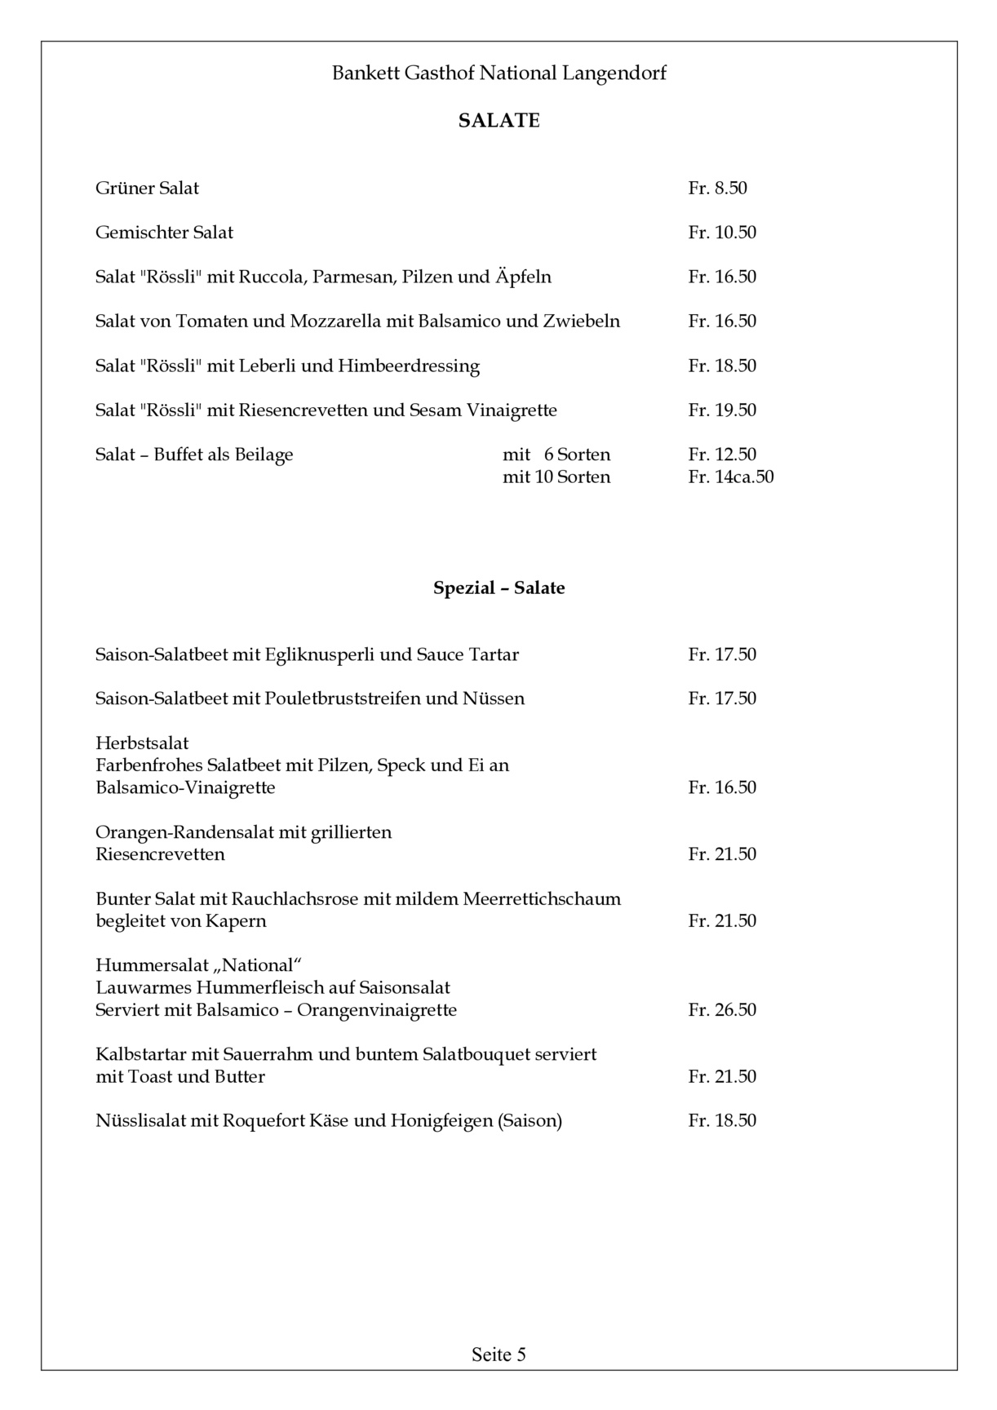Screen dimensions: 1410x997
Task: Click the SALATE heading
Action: click(x=498, y=121)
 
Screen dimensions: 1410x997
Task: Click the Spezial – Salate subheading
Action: click(x=498, y=588)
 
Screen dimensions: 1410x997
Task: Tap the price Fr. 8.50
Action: click(x=717, y=188)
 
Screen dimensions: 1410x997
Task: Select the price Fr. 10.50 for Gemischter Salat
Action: click(x=722, y=233)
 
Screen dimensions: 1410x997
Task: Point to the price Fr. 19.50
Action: click(x=722, y=410)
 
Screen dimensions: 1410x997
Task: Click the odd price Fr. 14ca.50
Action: click(x=731, y=477)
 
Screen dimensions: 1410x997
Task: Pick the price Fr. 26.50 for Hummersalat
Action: click(x=722, y=1010)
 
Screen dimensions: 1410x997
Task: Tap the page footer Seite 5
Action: click(x=498, y=1355)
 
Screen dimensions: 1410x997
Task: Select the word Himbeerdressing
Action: click(x=409, y=366)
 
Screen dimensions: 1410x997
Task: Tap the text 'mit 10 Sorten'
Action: click(x=556, y=477)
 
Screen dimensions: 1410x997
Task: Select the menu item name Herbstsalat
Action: click(x=142, y=743)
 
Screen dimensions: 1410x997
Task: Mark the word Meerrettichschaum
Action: click(x=542, y=899)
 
